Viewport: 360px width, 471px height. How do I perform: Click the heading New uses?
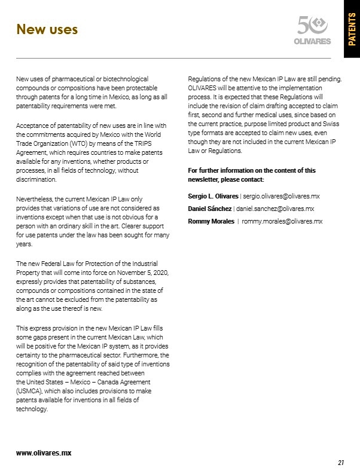tap(47, 29)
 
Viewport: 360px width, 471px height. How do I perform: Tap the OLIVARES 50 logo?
tap(313, 30)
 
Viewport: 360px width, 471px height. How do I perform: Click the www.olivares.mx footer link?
tap(44, 452)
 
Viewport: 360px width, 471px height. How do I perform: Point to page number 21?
tap(341, 462)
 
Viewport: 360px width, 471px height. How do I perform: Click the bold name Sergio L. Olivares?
tap(213, 195)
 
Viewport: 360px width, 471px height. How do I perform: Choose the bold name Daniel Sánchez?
tap(209, 209)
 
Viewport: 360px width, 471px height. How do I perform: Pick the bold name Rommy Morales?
tap(210, 221)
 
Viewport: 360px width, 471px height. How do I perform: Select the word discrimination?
tap(36, 179)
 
